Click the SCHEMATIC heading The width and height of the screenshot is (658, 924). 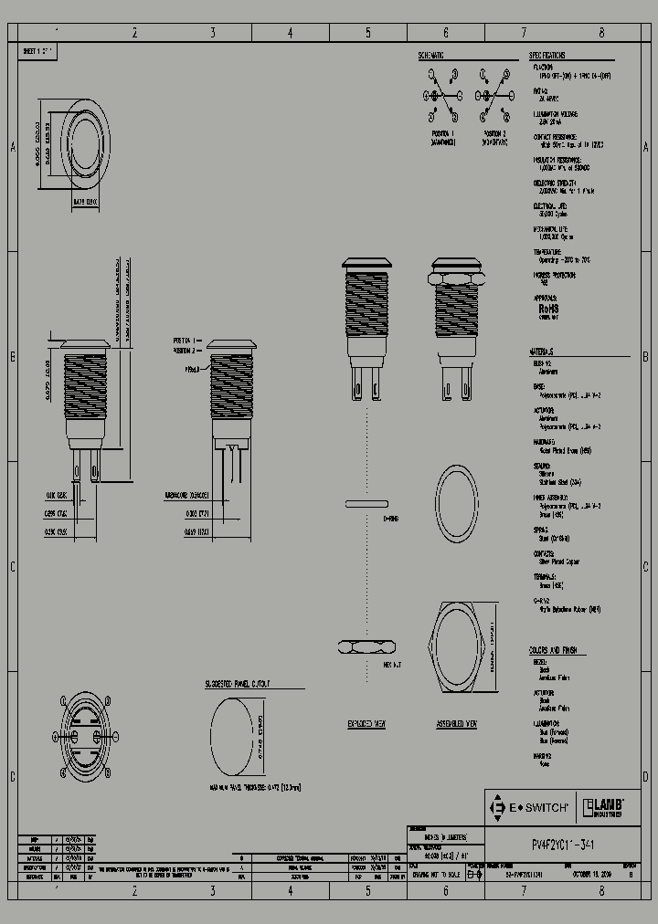[x=431, y=56]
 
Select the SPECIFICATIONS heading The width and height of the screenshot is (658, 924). [x=547, y=56]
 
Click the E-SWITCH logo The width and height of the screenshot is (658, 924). [x=531, y=807]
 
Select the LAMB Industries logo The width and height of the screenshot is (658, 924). [x=603, y=807]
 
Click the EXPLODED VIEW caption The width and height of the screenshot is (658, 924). [x=366, y=723]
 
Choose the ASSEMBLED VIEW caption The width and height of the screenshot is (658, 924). [x=457, y=723]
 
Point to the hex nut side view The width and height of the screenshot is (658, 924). [x=367, y=647]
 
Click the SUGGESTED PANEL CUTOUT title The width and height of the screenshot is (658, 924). [x=241, y=684]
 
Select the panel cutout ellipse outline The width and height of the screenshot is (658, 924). [x=232, y=738]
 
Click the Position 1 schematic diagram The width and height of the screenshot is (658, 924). [x=441, y=106]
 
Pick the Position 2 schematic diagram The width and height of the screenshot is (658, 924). [x=493, y=106]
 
